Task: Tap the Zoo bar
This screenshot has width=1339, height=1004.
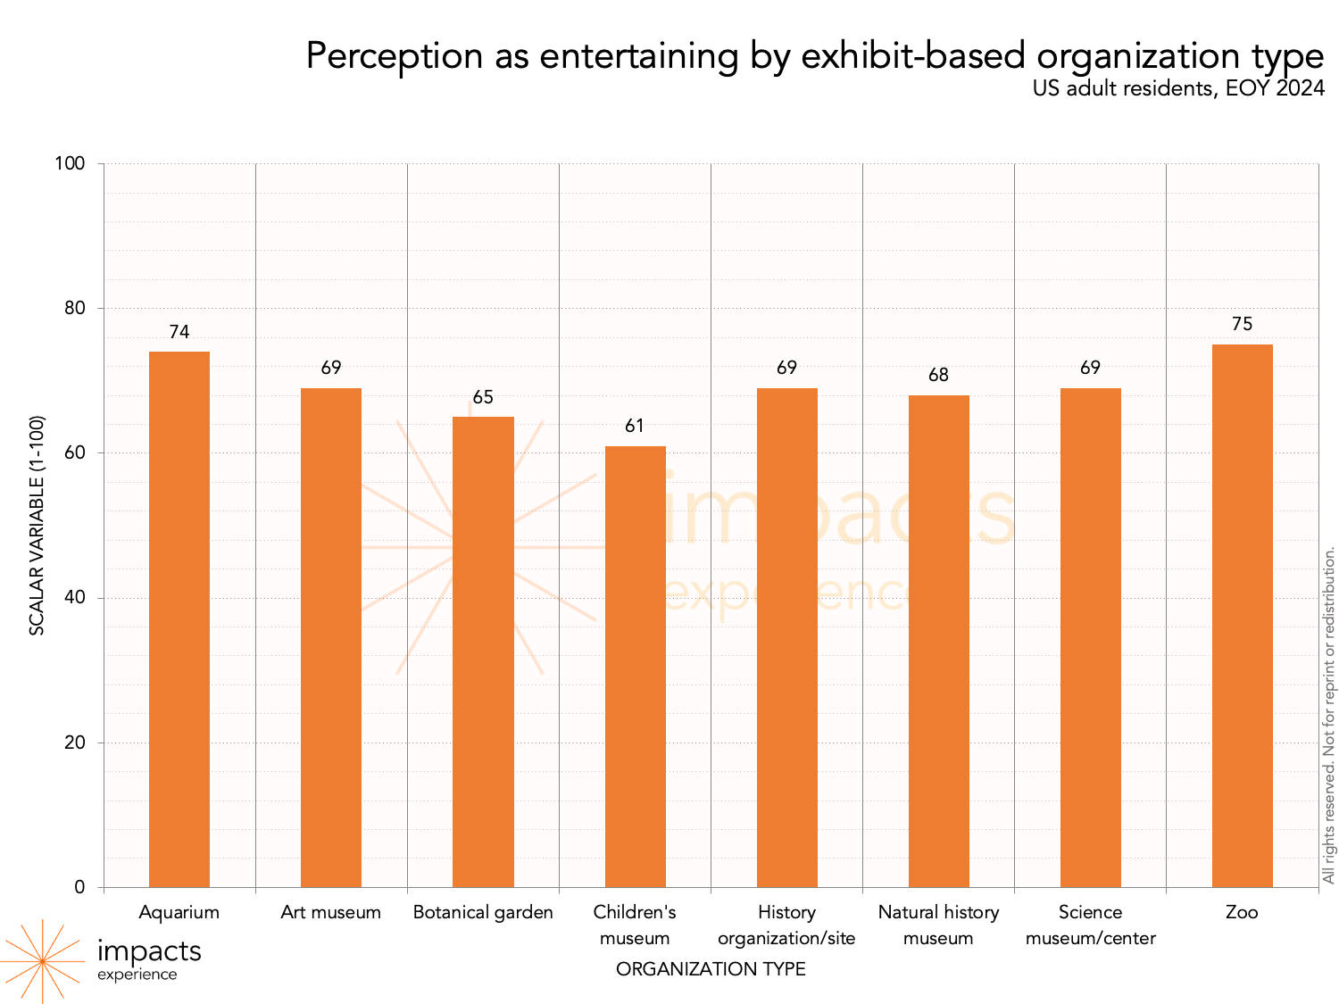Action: pos(1242,615)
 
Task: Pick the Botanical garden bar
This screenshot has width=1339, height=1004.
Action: pos(483,651)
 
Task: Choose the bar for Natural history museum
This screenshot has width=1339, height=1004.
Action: pos(938,641)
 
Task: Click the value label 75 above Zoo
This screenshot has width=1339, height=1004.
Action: pos(1242,325)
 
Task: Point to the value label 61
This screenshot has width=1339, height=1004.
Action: pos(635,427)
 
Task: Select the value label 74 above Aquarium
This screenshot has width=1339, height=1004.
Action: pos(179,333)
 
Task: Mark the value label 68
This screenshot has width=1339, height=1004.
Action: pos(938,376)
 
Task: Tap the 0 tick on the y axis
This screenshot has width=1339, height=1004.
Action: pos(80,887)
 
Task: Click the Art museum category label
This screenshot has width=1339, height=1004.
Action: pos(331,913)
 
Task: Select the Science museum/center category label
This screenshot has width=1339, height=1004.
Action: pos(1090,925)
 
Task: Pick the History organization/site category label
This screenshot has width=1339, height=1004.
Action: pos(786,925)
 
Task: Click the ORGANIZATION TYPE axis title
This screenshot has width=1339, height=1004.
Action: pos(711,969)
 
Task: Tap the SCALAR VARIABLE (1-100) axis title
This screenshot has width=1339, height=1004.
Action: pos(37,526)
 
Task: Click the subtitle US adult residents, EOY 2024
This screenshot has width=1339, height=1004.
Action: pos(1178,89)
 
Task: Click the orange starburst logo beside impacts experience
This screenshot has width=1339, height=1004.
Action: pos(42,961)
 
